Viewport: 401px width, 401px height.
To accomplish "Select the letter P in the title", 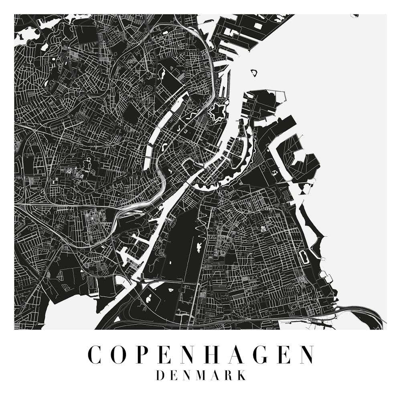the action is coord(146,354).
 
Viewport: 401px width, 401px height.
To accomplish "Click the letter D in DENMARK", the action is coord(160,375).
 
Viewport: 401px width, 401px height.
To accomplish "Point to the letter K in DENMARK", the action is coord(241,375).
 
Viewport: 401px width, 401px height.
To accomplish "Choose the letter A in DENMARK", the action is coord(215,375).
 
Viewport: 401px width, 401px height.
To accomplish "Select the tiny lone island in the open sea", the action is coord(253,73).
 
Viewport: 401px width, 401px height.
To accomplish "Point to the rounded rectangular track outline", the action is coord(304,257).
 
